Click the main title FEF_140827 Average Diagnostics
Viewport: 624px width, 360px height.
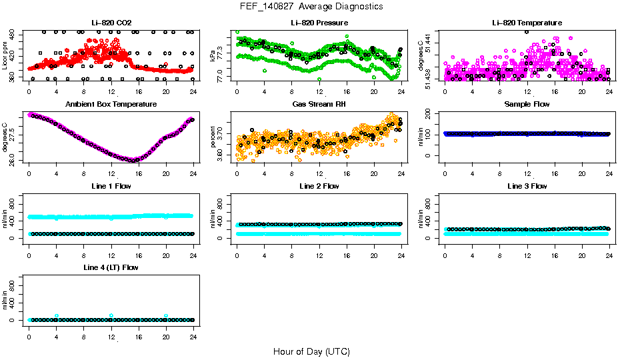pyautogui.click(x=312, y=6)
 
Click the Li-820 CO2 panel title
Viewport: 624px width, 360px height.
pyautogui.click(x=111, y=23)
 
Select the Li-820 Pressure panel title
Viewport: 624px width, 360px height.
pyautogui.click(x=319, y=23)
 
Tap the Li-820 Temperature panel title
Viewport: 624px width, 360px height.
pyautogui.click(x=527, y=23)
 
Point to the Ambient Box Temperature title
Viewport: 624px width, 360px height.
pyautogui.click(x=111, y=105)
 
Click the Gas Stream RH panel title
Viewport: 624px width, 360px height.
pyautogui.click(x=319, y=105)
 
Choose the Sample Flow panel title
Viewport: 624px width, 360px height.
pyautogui.click(x=527, y=105)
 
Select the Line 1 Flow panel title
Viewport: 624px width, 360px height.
pyautogui.click(x=111, y=186)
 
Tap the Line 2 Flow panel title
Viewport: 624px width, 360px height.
pyautogui.click(x=319, y=186)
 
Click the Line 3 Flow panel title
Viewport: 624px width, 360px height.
pyautogui.click(x=527, y=186)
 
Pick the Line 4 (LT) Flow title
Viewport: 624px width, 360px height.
pyautogui.click(x=111, y=267)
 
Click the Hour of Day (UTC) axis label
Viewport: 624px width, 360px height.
pyautogui.click(x=311, y=351)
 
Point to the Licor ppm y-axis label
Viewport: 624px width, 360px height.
pyautogui.click(x=5, y=56)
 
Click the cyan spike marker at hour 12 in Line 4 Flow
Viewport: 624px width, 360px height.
pyautogui.click(x=111, y=315)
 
